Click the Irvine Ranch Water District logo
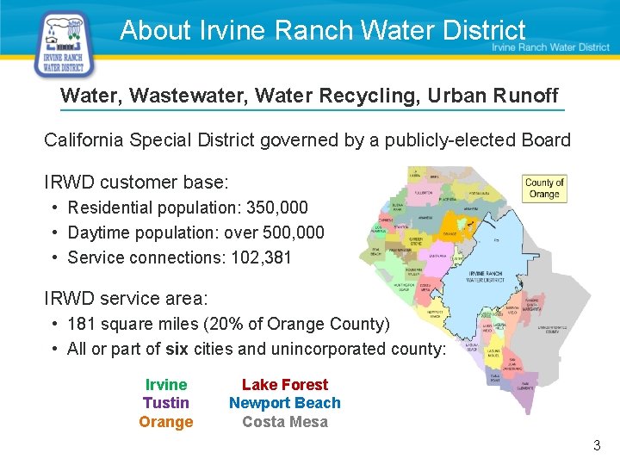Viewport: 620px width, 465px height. (63, 44)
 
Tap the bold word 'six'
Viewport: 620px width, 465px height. (177, 349)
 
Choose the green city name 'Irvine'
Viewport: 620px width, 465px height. (166, 385)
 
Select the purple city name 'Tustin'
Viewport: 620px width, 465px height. (166, 403)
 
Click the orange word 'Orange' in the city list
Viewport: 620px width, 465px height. (166, 422)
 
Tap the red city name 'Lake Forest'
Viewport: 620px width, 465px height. (285, 385)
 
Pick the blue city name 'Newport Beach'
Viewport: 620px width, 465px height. (285, 403)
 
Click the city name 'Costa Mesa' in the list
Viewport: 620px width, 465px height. (285, 422)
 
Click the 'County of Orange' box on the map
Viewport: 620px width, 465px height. (544, 188)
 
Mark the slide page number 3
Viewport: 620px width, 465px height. (596, 446)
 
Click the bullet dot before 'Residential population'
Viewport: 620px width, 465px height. (54, 208)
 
